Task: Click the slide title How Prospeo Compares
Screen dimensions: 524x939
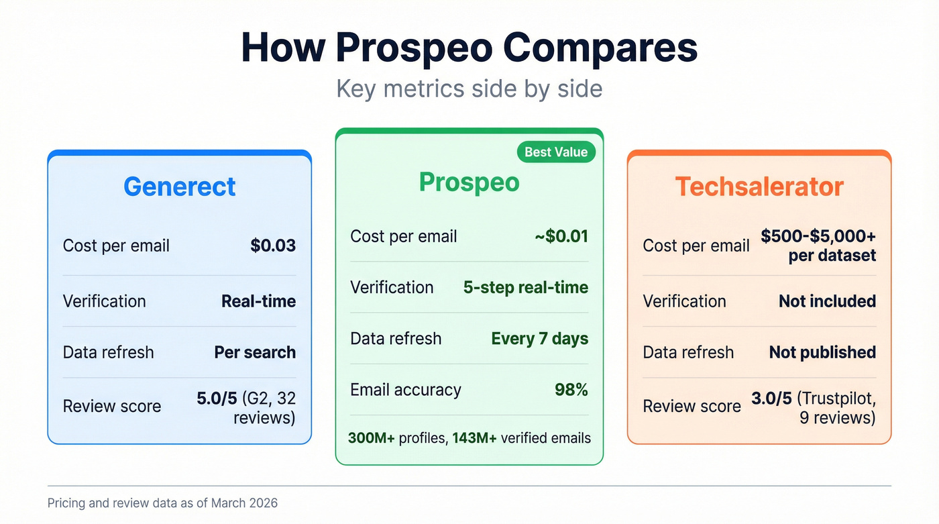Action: (x=469, y=48)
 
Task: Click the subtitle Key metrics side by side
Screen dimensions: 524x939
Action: (x=469, y=89)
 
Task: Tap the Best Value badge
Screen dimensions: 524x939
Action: (x=556, y=152)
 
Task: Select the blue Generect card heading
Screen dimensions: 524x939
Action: (x=179, y=186)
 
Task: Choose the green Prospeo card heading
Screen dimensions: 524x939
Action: (x=469, y=182)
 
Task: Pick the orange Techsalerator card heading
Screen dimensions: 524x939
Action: (x=759, y=186)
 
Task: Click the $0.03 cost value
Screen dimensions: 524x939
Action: (x=273, y=246)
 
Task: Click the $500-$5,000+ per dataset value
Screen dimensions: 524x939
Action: (x=818, y=246)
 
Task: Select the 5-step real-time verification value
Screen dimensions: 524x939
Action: (x=525, y=287)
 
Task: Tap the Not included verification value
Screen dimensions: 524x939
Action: (x=827, y=301)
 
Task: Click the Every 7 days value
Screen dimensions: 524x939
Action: (x=539, y=338)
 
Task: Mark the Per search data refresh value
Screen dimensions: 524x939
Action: (x=255, y=352)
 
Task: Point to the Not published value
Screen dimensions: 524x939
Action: (x=822, y=352)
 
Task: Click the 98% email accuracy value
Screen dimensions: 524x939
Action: (x=571, y=390)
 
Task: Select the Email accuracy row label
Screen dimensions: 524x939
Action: (x=405, y=390)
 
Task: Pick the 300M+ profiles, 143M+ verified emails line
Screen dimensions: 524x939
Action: (x=469, y=438)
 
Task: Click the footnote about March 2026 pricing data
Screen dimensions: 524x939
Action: (x=162, y=503)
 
